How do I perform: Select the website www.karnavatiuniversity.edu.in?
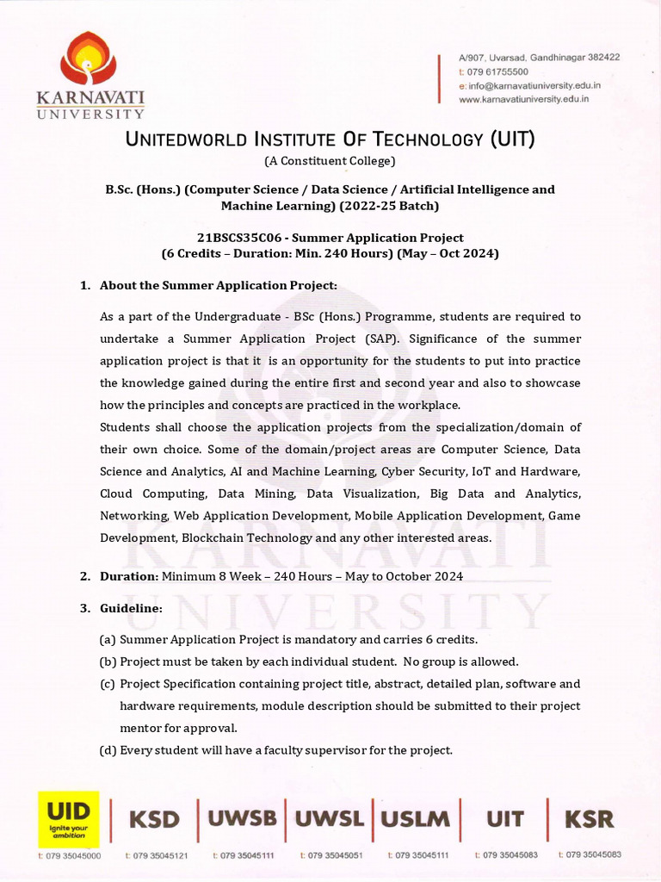[x=523, y=99]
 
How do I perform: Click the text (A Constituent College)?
[x=330, y=161]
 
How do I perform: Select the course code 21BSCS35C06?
[x=238, y=238]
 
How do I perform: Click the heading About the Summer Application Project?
[x=219, y=285]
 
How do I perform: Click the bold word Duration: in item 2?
[x=129, y=576]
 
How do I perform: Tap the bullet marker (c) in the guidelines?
[x=108, y=684]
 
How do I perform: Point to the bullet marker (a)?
[x=108, y=640]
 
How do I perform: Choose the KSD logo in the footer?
[x=155, y=819]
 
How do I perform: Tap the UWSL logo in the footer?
[x=329, y=818]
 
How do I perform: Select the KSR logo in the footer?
[x=589, y=818]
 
